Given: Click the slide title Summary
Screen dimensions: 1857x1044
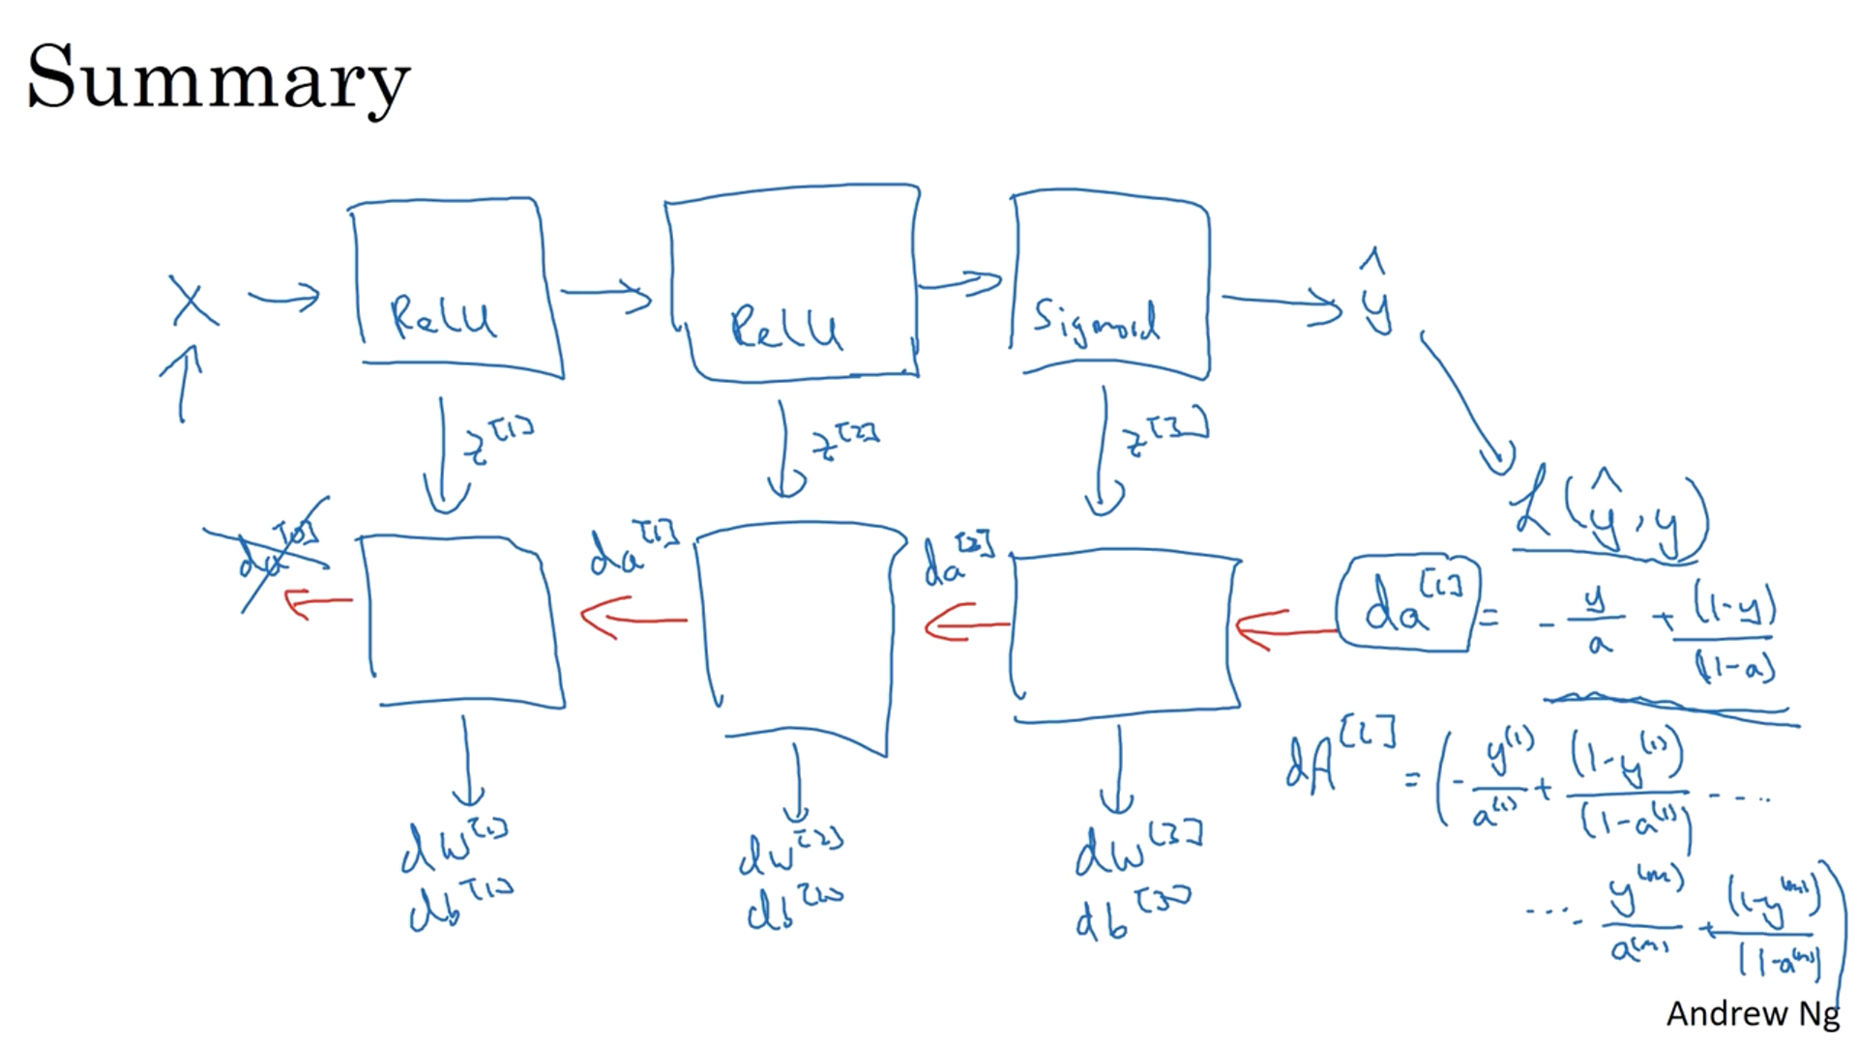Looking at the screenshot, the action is pos(219,77).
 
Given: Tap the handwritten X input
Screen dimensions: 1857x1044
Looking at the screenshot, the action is pos(193,302).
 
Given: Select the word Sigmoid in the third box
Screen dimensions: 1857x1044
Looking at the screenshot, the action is pos(1096,322).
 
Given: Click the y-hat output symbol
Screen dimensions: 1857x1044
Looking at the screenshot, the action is pos(1376,295).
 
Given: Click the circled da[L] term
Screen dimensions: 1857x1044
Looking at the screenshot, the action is pos(1407,604).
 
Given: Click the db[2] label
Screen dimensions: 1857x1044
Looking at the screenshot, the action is pos(794,909).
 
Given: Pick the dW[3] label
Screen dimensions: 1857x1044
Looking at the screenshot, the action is pos(1137,848).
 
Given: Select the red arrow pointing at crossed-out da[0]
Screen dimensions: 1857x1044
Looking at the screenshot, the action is pos(317,603).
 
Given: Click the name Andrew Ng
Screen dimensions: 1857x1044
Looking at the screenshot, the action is pos(1752,1013).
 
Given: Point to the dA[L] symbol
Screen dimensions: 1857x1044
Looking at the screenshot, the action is pos(1341,758).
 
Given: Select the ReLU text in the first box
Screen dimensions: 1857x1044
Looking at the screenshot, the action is pos(443,316).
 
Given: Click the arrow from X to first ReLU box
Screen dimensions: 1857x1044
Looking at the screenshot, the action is pos(284,297).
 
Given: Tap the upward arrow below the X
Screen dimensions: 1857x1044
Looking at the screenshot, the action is pos(182,383).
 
